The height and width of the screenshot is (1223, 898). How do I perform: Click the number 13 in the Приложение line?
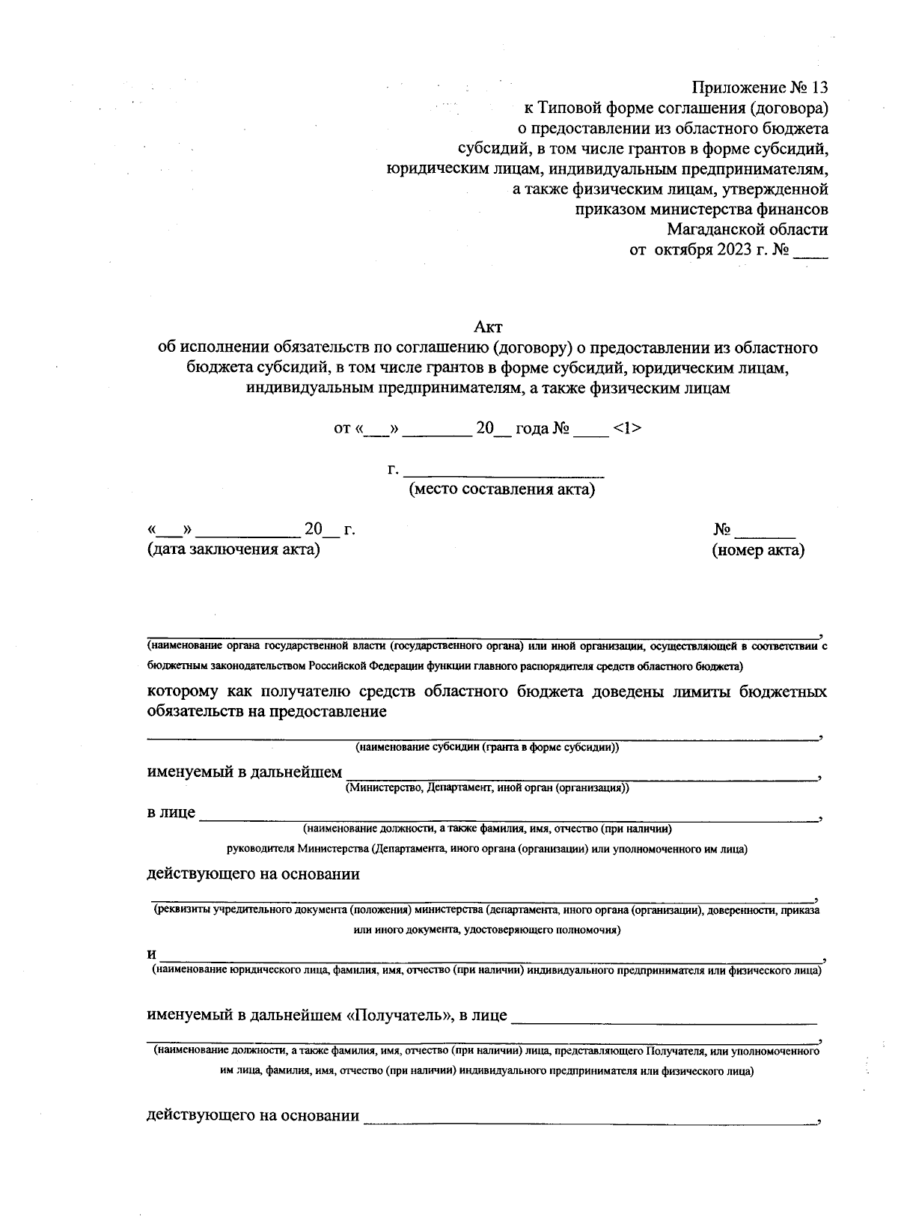(x=818, y=88)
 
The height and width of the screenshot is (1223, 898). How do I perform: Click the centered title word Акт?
(x=489, y=327)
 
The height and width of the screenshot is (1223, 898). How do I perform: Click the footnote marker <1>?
(x=626, y=429)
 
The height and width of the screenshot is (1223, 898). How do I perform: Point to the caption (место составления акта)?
(x=501, y=490)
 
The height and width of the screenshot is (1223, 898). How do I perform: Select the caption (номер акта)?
(x=758, y=550)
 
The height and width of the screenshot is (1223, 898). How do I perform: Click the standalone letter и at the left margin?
(x=151, y=954)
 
